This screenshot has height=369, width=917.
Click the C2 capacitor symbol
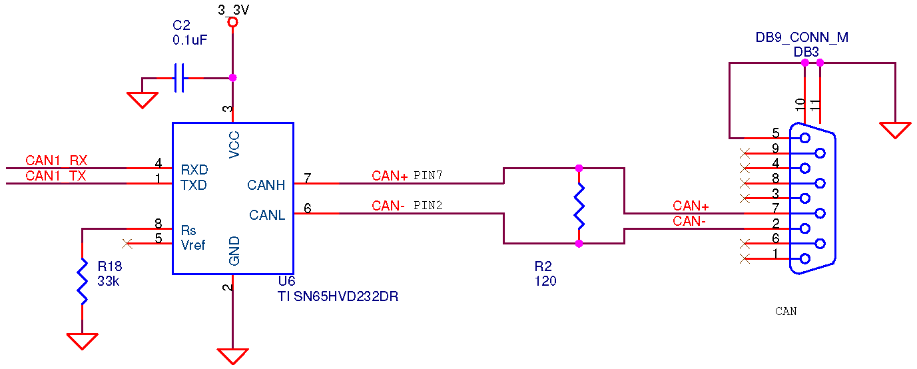(x=179, y=78)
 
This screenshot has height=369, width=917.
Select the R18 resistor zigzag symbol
(x=83, y=281)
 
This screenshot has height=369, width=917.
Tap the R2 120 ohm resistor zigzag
(x=579, y=206)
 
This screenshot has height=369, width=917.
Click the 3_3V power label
(x=233, y=10)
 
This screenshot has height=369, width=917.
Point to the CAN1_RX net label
(x=57, y=160)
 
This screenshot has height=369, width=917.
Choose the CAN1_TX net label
(x=56, y=176)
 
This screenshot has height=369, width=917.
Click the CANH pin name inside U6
(x=266, y=185)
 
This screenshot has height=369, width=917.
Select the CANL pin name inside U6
(x=267, y=215)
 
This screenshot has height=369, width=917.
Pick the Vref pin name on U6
(x=193, y=245)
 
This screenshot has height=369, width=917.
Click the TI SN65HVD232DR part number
(x=338, y=296)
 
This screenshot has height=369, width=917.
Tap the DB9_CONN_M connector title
(x=802, y=37)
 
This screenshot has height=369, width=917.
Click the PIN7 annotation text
(x=428, y=175)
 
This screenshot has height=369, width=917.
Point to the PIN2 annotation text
(x=428, y=205)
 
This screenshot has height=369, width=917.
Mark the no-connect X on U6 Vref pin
(x=127, y=244)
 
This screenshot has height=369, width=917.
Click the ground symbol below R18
(x=83, y=341)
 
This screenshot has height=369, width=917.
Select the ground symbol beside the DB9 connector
(x=895, y=131)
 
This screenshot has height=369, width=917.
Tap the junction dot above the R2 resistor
(x=579, y=168)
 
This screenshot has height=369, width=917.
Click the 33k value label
(x=109, y=281)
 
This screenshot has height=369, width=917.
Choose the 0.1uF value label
(x=190, y=40)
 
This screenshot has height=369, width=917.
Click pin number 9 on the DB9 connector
(x=775, y=148)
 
